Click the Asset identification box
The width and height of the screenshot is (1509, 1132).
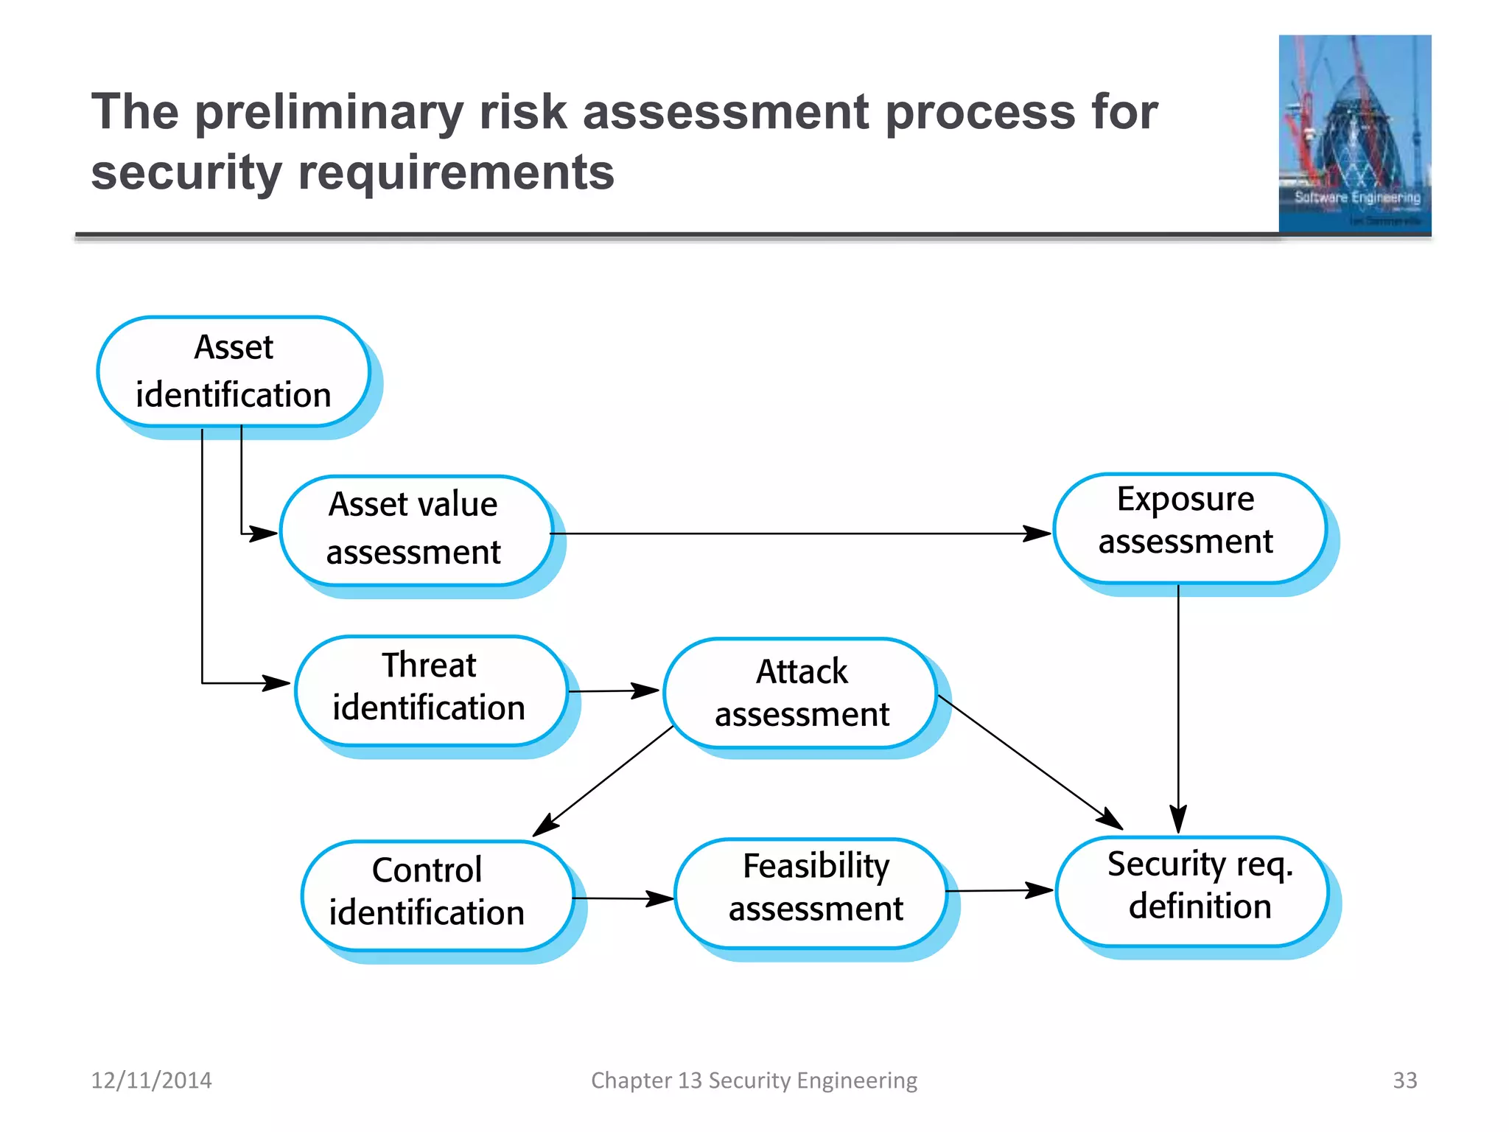click(x=234, y=371)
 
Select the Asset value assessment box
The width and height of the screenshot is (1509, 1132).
click(x=416, y=530)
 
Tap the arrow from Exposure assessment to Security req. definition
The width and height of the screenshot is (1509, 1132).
click(x=1178, y=707)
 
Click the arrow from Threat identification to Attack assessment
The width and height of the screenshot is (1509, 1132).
click(x=613, y=691)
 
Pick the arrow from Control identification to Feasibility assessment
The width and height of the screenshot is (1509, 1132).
click(x=623, y=898)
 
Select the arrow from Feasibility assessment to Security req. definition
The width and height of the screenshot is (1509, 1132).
click(x=1000, y=890)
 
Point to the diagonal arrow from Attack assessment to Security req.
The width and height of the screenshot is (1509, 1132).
click(x=1030, y=761)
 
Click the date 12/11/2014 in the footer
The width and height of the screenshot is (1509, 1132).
click(x=151, y=1080)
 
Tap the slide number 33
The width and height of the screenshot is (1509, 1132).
click(x=1404, y=1080)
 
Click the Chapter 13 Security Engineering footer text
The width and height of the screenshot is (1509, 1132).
click(x=754, y=1080)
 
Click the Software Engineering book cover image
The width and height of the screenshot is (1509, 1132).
click(x=1354, y=134)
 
